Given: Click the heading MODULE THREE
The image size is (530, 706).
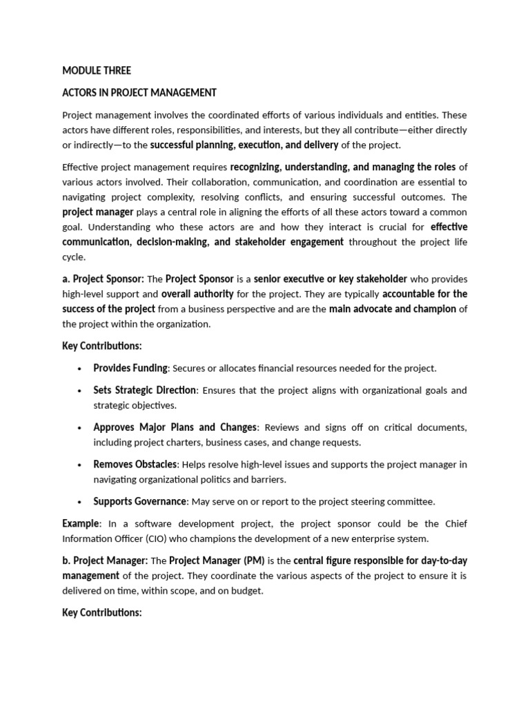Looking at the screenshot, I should point(96,70).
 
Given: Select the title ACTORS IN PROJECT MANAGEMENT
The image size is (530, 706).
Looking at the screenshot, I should point(139,92).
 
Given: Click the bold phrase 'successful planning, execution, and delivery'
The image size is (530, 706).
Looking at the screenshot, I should point(244,145).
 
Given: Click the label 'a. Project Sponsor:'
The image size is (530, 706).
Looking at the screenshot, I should point(103,279).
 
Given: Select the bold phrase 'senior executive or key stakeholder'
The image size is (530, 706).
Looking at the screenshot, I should point(330,279).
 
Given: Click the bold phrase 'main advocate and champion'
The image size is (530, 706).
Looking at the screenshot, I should point(392,309).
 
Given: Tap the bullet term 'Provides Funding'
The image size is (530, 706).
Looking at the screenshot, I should point(130,368).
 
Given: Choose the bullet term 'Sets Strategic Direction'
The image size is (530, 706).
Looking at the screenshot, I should point(144,390).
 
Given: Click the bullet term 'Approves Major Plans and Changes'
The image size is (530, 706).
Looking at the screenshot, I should point(175,427).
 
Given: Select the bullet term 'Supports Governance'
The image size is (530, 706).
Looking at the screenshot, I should point(139,501).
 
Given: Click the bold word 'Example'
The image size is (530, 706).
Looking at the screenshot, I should point(81,523).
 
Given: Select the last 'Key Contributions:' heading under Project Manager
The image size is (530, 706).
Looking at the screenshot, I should point(101,612).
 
